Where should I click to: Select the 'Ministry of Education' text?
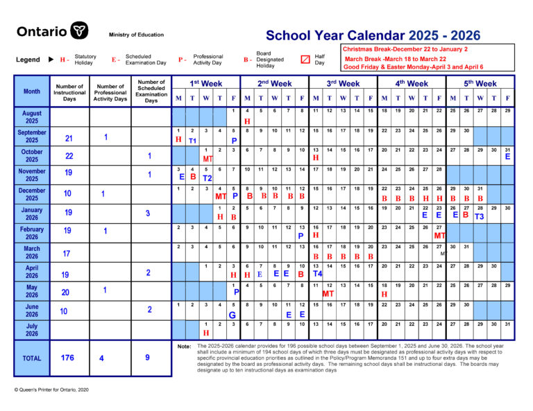coord(136,35)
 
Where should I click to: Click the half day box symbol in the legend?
coord(305,60)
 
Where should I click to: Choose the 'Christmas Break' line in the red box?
coord(405,49)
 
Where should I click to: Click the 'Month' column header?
coord(32,91)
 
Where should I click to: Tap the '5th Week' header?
coord(481,84)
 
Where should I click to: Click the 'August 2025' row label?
coord(32,116)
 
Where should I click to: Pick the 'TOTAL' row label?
coord(32,358)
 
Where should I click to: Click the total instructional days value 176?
coord(67,358)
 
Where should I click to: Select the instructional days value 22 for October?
coord(69,156)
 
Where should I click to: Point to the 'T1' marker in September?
coord(192,140)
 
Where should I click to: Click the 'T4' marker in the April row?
coord(317,273)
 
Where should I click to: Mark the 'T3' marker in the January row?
coord(480,216)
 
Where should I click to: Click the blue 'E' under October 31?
coord(507,157)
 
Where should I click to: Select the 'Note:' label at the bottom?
coord(184,347)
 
